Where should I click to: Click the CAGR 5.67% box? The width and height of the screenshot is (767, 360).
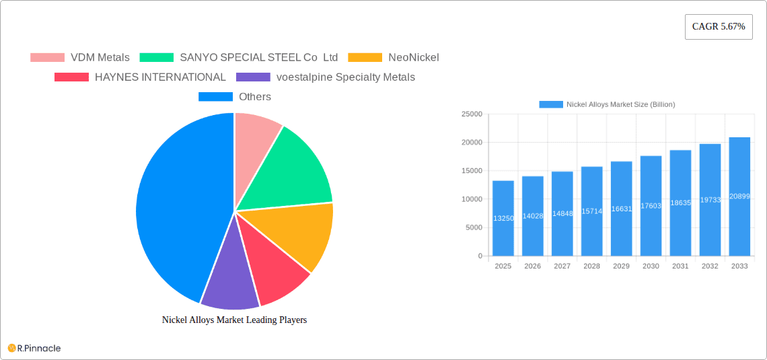[718, 27]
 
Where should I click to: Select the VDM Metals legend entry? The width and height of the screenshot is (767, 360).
[80, 57]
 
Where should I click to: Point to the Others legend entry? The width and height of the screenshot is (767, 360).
[235, 97]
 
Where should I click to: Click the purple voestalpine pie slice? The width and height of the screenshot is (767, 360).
[229, 283]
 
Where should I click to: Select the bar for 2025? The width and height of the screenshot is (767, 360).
[503, 218]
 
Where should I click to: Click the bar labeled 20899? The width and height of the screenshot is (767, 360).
[739, 196]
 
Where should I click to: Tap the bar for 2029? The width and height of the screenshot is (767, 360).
[621, 209]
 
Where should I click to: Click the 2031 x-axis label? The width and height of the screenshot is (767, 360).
[680, 266]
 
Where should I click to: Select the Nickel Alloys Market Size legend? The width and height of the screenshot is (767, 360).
[608, 104]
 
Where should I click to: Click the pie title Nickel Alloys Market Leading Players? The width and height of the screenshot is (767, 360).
[234, 320]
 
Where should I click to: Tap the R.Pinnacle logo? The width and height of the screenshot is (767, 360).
[34, 348]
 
